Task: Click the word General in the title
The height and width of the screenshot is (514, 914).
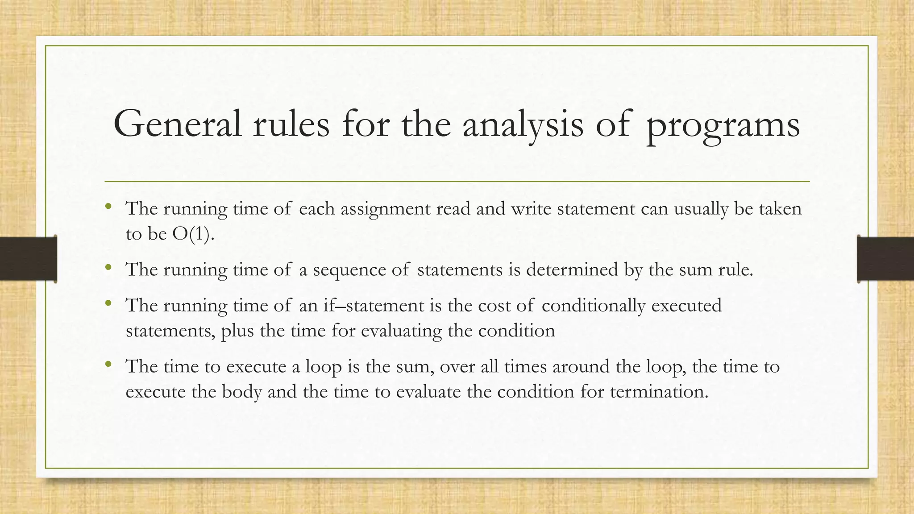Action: click(x=178, y=124)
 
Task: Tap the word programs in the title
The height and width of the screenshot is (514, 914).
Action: click(x=723, y=126)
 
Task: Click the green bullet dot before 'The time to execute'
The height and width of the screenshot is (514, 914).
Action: click(x=108, y=365)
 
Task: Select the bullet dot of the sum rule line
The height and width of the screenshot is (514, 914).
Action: click(x=108, y=268)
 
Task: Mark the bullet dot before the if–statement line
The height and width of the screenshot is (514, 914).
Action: click(x=108, y=304)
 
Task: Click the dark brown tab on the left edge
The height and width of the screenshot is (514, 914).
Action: click(x=28, y=259)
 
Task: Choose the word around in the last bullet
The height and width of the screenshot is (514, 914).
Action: click(x=581, y=367)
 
